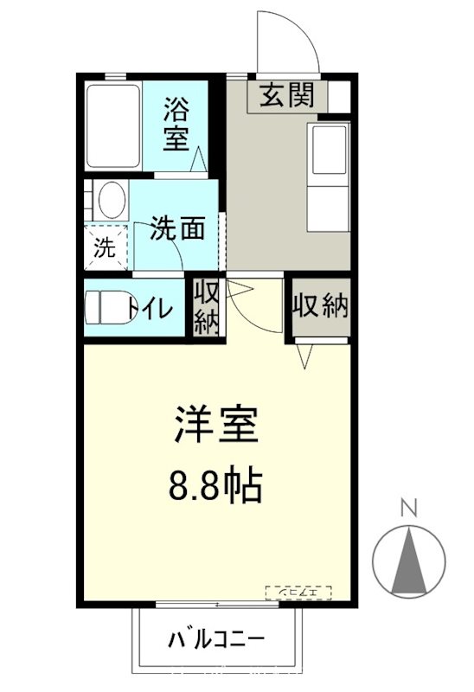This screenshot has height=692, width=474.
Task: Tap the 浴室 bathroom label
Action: [177, 124]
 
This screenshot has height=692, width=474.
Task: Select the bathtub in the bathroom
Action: [112, 126]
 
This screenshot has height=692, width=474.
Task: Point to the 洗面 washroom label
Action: [177, 227]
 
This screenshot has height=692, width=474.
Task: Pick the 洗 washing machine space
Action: [105, 249]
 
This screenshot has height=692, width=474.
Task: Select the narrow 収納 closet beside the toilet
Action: [206, 307]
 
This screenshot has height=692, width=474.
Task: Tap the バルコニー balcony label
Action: [216, 641]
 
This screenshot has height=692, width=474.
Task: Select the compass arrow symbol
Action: [411, 557]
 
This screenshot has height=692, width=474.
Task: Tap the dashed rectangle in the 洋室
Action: [299, 593]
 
